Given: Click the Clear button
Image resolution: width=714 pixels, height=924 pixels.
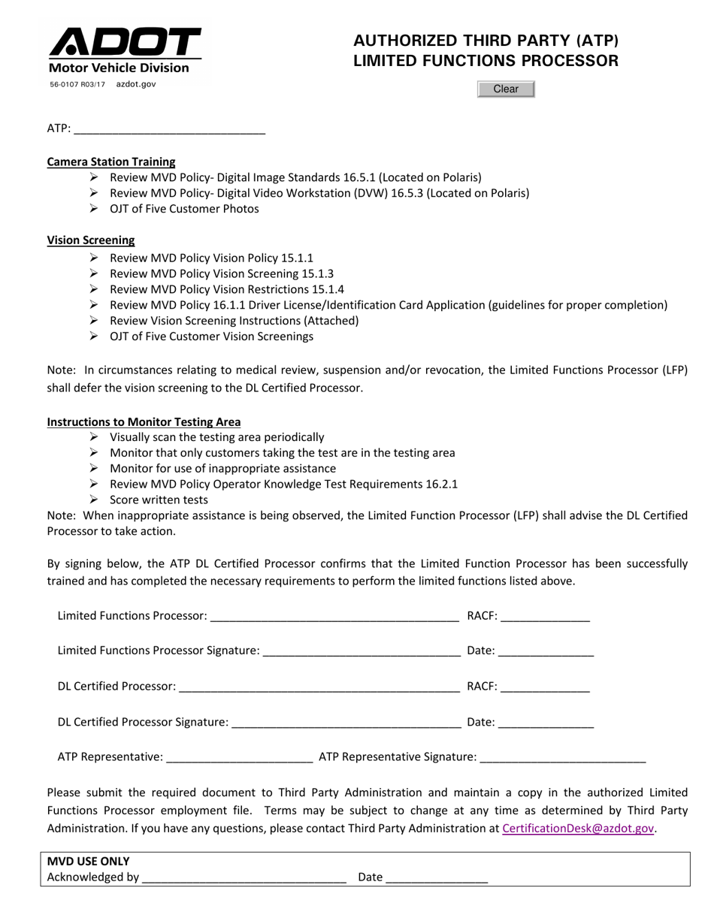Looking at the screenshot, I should [506, 89].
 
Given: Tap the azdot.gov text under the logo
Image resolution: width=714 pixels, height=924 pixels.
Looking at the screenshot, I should [136, 85].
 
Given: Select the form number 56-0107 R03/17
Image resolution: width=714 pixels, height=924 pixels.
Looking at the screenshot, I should [77, 85].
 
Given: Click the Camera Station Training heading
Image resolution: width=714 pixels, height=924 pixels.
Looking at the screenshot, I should [111, 162].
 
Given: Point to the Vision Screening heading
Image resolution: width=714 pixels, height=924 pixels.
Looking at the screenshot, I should [91, 240].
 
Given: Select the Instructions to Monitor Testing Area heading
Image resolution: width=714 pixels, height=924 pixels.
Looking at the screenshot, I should [144, 422].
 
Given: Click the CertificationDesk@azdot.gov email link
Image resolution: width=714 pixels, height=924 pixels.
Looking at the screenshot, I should [577, 828].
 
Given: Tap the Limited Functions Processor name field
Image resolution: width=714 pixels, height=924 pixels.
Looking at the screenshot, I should [334, 617].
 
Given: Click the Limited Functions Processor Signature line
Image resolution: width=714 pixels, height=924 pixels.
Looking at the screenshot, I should [362, 651].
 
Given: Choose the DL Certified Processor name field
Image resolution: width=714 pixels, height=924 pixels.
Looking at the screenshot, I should [319, 687].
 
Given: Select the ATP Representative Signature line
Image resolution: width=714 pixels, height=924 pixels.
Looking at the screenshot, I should [562, 757].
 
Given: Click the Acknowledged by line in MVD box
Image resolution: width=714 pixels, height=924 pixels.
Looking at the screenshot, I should [244, 877].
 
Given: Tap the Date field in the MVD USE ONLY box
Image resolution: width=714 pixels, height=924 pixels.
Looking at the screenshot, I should [436, 877].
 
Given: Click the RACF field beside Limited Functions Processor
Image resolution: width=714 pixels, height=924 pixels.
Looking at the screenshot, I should [544, 617].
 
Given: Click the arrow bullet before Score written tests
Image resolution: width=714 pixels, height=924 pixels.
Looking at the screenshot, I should [94, 500].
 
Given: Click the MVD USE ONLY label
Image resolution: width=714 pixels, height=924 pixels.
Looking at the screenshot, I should [89, 862].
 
